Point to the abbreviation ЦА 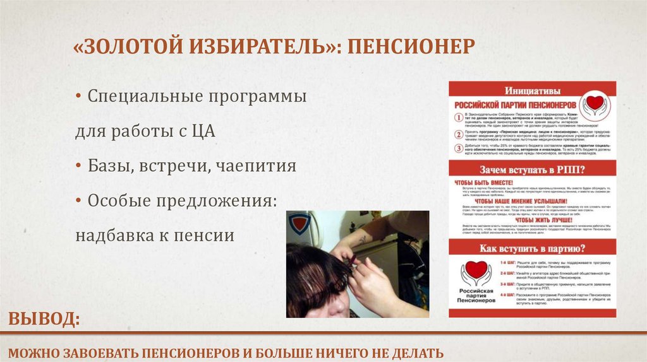coord(203,132)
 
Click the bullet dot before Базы coord(78,166)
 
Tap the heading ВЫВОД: coord(44,319)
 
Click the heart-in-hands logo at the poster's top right coord(596,104)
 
